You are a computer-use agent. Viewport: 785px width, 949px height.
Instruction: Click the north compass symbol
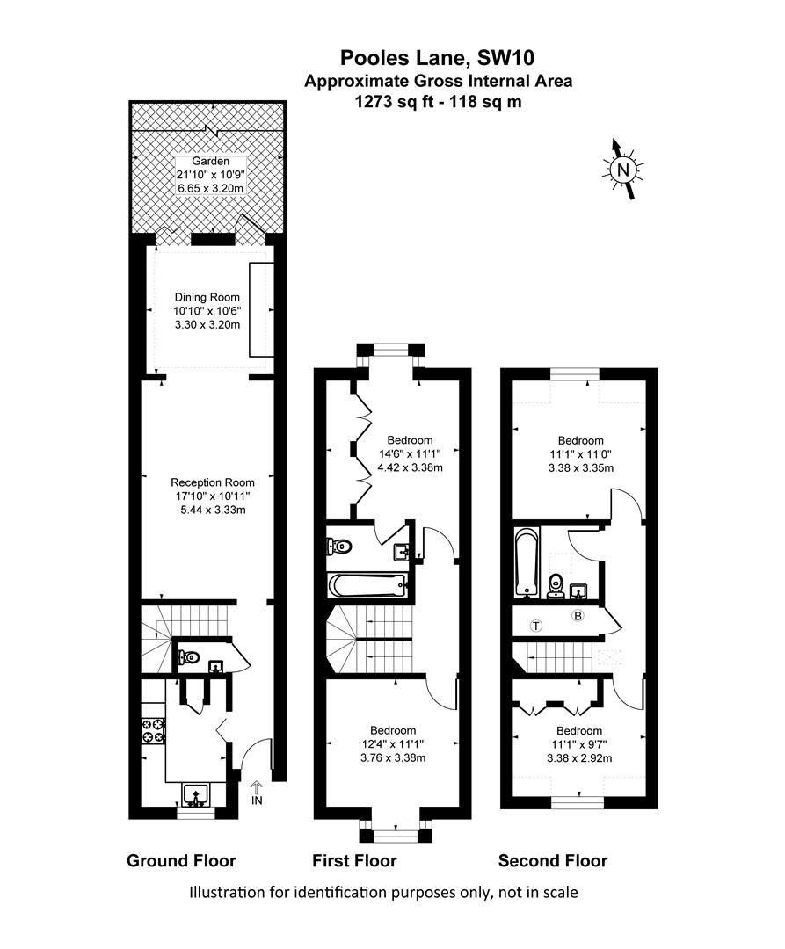tap(622, 170)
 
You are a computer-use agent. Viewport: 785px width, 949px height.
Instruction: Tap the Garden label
tap(211, 162)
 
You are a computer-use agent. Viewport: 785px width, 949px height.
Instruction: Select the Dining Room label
tap(207, 297)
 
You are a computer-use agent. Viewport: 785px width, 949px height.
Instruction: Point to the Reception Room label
tap(213, 482)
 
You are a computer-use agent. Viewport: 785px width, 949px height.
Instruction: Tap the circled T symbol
tap(535, 626)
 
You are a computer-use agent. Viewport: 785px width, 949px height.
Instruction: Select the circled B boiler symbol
tap(578, 615)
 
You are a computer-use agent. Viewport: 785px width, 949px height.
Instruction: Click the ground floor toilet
tap(188, 656)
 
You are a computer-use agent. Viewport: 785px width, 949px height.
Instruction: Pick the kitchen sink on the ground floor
tap(195, 794)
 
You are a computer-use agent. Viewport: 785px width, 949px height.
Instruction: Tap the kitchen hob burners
tap(153, 730)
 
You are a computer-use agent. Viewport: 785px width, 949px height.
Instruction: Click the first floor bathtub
tap(367, 584)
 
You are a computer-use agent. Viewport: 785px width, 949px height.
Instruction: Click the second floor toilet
tap(555, 585)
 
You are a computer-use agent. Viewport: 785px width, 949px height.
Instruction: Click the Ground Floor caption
tap(181, 860)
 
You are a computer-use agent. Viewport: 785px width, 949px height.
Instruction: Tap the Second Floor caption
tap(553, 860)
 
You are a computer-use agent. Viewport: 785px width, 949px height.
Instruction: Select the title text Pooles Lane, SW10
tap(437, 57)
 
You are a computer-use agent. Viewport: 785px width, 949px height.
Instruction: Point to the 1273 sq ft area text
tap(395, 102)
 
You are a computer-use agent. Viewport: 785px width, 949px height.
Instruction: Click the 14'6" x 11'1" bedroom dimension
tap(410, 454)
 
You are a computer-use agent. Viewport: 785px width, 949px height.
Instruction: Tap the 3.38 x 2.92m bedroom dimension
tap(579, 757)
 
